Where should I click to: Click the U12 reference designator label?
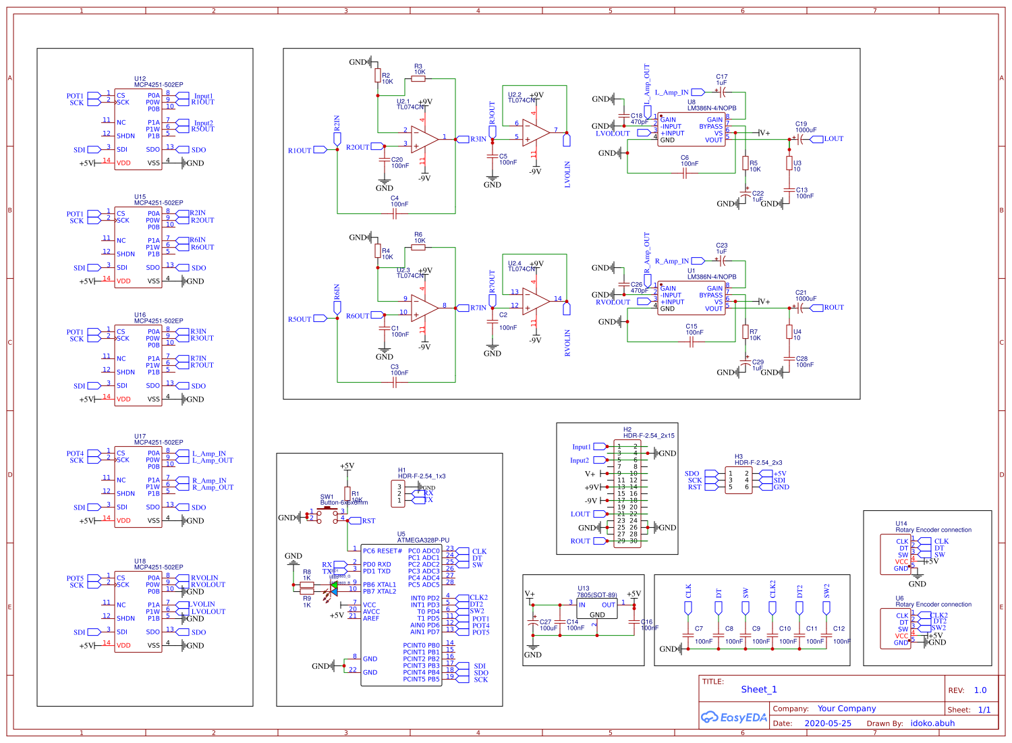pyautogui.click(x=140, y=79)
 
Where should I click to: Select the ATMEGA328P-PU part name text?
pyautogui.click(x=423, y=540)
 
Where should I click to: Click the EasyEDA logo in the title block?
pyautogui.click(x=734, y=717)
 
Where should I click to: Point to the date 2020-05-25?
pyautogui.click(x=828, y=723)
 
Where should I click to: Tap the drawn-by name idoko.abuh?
pyautogui.click(x=932, y=723)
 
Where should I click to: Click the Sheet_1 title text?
pyautogui.click(x=759, y=690)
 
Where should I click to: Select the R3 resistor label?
pyautogui.click(x=418, y=67)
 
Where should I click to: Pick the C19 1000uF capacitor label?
pyautogui.click(x=805, y=127)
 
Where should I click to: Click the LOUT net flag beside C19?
pyautogui.click(x=833, y=139)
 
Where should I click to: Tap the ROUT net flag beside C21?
pyautogui.click(x=833, y=308)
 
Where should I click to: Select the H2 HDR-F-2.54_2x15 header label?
pyautogui.click(x=648, y=433)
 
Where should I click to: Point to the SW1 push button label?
pyautogui.click(x=327, y=497)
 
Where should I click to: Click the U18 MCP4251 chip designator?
pyautogui.click(x=140, y=561)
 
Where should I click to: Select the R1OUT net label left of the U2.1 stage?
pyautogui.click(x=300, y=150)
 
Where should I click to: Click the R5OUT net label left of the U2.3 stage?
pyautogui.click(x=300, y=319)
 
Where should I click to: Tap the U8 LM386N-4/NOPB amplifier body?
pyautogui.click(x=692, y=130)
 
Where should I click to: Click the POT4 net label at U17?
pyautogui.click(x=75, y=453)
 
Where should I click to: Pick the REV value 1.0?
pyautogui.click(x=980, y=690)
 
